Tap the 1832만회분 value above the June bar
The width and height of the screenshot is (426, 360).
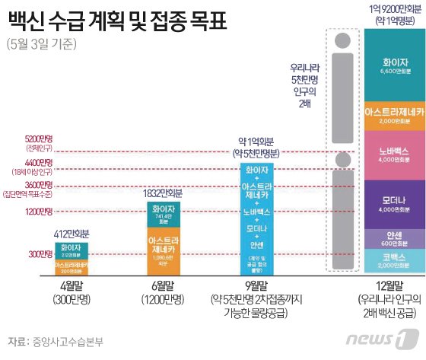164,193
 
